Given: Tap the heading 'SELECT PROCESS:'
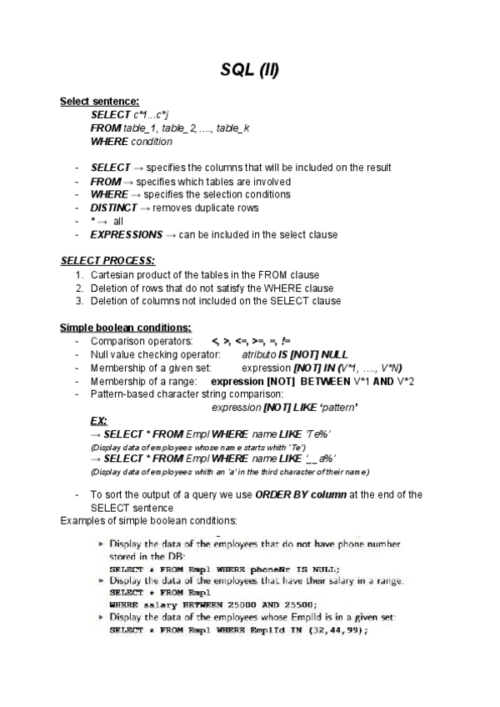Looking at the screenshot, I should (107, 261).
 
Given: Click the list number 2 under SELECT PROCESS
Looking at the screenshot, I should (79, 288).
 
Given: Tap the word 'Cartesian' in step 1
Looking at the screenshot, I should (112, 274).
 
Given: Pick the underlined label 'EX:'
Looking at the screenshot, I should (98, 421).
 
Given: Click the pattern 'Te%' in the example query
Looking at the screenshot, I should (319, 434).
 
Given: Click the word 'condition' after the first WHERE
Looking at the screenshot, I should (152, 141).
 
